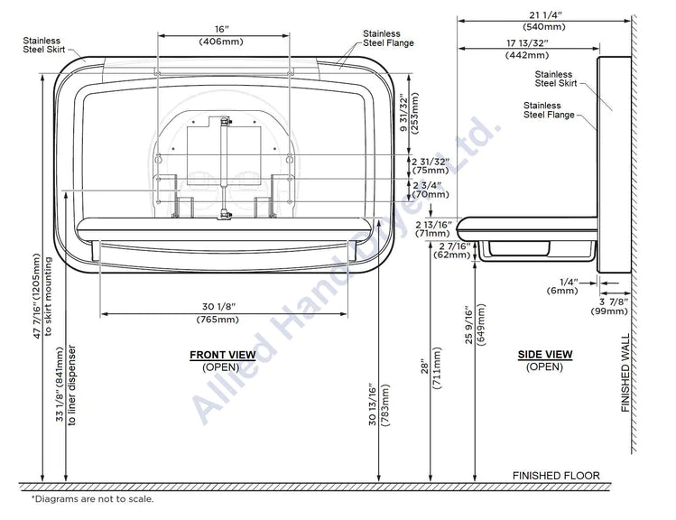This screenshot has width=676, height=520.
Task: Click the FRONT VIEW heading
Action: pyautogui.click(x=222, y=355)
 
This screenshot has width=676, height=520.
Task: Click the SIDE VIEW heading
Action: pyautogui.click(x=545, y=355)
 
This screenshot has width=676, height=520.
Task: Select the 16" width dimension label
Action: pyautogui.click(x=222, y=29)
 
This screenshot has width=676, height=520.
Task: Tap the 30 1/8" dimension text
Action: pyautogui.click(x=219, y=307)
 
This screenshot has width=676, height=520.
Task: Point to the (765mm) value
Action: pyautogui.click(x=218, y=320)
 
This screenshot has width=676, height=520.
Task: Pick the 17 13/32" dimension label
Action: pyautogui.click(x=527, y=43)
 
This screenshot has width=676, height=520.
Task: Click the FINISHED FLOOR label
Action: pyautogui.click(x=556, y=476)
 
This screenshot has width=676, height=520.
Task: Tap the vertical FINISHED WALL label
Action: pyautogui.click(x=625, y=373)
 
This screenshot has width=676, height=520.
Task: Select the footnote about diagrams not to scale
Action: pyautogui.click(x=92, y=499)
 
